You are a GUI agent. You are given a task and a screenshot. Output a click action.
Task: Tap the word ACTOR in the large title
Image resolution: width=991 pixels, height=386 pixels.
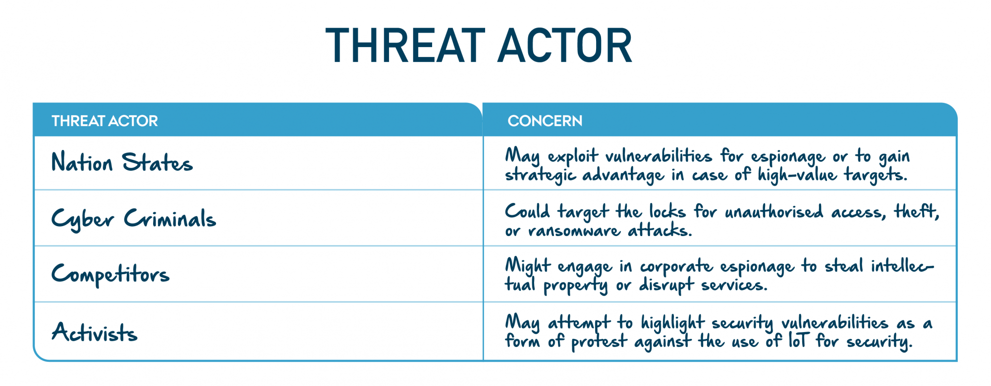pos(565,46)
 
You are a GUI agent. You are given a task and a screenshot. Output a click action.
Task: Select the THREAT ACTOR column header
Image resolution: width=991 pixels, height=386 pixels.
pos(105,121)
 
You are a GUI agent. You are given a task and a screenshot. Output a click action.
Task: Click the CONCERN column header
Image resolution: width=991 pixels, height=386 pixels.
pos(545,121)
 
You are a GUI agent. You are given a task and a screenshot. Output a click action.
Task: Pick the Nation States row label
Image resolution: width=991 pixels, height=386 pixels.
pos(122,162)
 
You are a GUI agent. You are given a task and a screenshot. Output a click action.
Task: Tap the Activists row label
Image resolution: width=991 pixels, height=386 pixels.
pos(95,332)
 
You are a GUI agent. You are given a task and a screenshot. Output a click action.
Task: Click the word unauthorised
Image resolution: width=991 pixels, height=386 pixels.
pos(774,212)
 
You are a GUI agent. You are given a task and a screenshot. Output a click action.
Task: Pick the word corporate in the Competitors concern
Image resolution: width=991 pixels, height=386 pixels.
pos(676,267)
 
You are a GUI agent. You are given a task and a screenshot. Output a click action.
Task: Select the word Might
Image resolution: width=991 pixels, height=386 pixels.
pos(528,266)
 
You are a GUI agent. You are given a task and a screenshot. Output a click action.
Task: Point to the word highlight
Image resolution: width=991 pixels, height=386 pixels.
pos(672,323)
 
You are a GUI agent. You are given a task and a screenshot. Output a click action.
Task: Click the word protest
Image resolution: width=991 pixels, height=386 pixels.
pos(599,342)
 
